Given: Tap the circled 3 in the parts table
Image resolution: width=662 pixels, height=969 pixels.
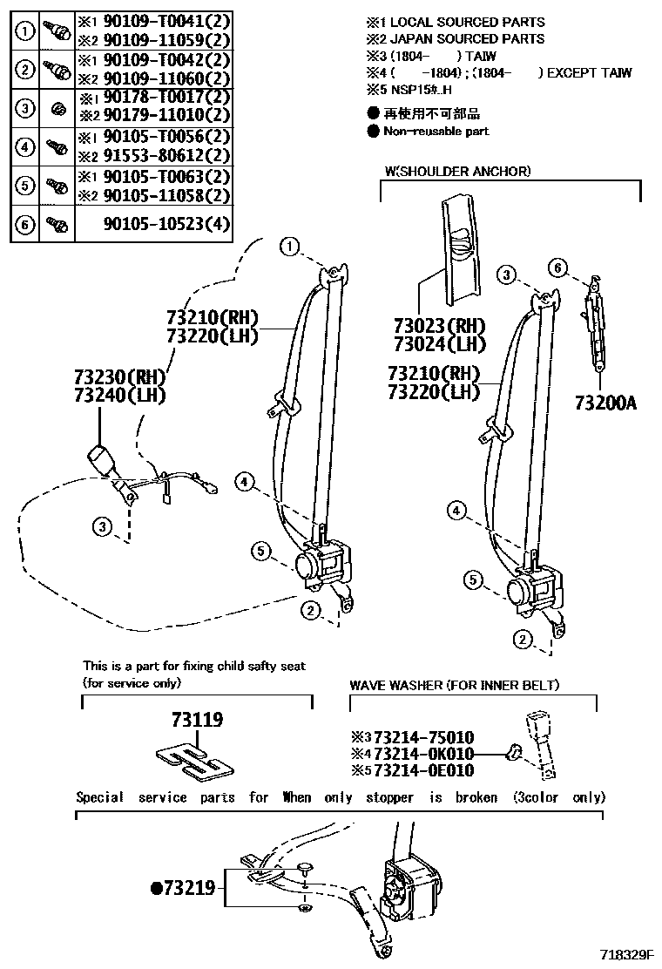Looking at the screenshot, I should [26, 108].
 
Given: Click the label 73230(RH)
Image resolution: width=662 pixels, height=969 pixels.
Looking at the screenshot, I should [119, 377].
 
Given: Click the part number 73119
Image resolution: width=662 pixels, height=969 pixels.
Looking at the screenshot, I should [197, 721].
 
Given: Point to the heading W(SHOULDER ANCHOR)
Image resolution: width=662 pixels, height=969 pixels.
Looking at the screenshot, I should [456, 172].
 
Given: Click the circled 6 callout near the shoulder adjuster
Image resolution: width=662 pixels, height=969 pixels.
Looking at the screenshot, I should [558, 267].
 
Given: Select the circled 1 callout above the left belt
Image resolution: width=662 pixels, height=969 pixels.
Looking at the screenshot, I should [289, 247].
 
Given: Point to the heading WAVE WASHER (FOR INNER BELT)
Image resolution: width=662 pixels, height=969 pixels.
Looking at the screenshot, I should [454, 686].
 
